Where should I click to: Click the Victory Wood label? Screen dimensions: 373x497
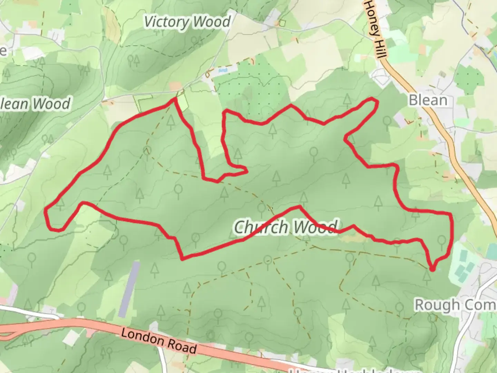187,22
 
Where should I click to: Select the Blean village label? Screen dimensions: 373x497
428,100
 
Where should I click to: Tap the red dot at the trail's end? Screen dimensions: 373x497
432,268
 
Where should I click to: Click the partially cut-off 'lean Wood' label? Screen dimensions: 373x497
35,104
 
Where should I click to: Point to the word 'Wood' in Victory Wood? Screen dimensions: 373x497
211,22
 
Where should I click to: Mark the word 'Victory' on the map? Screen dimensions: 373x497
166,22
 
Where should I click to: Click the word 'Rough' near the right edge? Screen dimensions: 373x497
438,305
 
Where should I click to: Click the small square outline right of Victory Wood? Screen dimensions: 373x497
283,23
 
